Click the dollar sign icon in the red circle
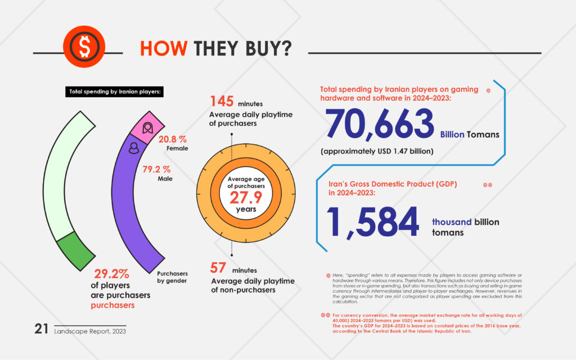(x=84, y=47)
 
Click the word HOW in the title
(x=164, y=48)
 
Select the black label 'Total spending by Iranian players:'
(x=115, y=92)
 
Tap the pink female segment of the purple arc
(x=148, y=128)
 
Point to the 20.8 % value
(x=173, y=139)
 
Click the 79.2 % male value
(x=156, y=169)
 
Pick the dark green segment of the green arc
(x=76, y=251)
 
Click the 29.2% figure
(x=112, y=274)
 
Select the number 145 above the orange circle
(x=222, y=101)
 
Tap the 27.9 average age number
(x=246, y=197)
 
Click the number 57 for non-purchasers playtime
(x=218, y=268)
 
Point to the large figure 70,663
(x=380, y=124)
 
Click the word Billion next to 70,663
(x=452, y=134)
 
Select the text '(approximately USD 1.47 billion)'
(x=377, y=151)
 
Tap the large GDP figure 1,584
(x=372, y=222)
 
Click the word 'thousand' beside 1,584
(x=452, y=222)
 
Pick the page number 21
(x=41, y=328)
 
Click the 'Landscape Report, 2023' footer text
(x=90, y=331)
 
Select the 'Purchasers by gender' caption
(x=172, y=277)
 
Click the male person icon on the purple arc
(x=134, y=148)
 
